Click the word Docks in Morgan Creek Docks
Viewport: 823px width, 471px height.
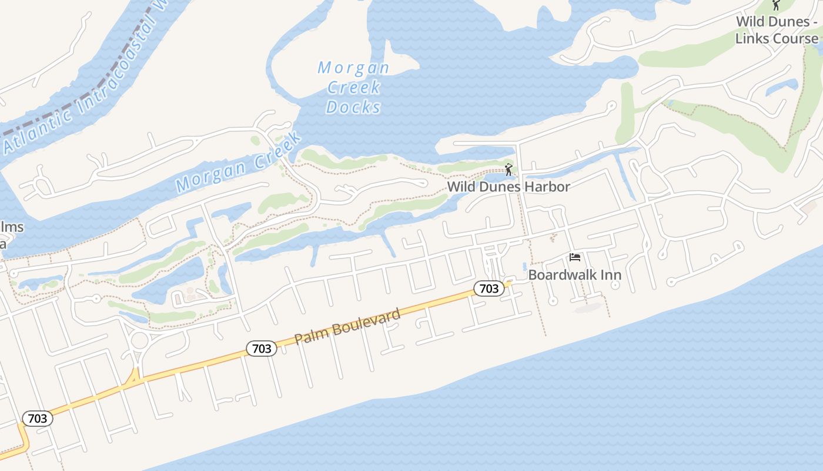353,107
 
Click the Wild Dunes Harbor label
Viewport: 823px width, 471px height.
508,187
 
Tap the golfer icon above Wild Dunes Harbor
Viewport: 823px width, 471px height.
508,170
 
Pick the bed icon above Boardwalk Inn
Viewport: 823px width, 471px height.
575,257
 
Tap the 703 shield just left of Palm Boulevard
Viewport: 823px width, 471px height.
261,349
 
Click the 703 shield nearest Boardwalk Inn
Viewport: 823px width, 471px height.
489,288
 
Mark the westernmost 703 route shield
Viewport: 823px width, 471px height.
38,419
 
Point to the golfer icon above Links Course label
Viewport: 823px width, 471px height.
776,5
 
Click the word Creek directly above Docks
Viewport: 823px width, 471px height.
354,88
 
